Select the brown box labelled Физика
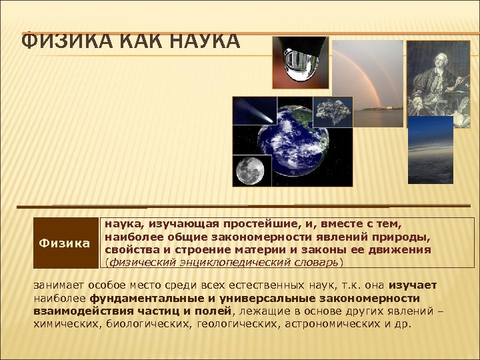pyautogui.click(x=64, y=243)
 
